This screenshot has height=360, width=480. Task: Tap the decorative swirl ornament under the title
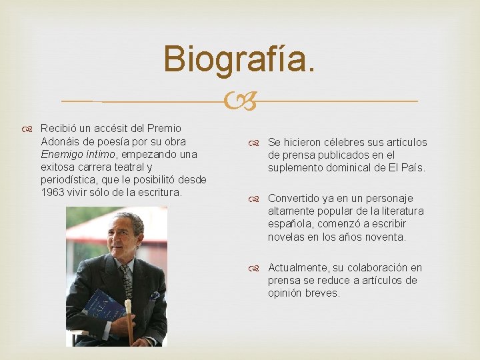coord(240,102)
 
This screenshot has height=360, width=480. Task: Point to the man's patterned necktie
coord(127,280)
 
